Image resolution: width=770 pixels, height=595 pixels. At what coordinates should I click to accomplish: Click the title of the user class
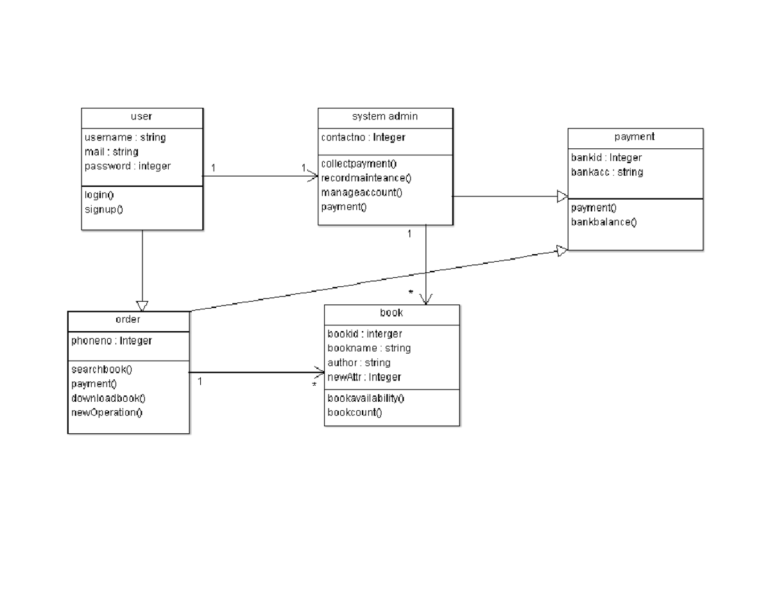[142, 117]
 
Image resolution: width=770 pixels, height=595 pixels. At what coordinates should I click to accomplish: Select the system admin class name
[385, 117]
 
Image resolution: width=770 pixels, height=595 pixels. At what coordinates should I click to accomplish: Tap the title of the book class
[391, 313]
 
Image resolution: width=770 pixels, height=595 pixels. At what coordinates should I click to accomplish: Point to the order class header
[128, 320]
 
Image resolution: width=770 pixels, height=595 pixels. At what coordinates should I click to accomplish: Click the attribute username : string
[125, 137]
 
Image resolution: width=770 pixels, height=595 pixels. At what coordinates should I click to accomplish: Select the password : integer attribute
[128, 166]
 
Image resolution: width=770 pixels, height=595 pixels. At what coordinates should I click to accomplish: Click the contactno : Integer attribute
[363, 137]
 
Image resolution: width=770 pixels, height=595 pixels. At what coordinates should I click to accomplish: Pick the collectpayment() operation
[359, 164]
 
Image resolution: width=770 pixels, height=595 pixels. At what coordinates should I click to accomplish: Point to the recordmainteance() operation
[366, 178]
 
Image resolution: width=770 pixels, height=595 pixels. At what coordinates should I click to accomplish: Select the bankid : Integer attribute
[606, 158]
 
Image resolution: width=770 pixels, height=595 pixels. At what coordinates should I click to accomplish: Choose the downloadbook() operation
[108, 398]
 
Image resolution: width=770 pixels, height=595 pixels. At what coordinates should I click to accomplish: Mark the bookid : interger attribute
[364, 334]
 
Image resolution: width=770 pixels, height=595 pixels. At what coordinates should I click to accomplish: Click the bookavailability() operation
[366, 398]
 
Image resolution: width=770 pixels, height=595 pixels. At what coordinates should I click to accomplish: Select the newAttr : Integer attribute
[364, 377]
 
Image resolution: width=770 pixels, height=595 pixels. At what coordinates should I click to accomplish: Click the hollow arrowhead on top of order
[142, 306]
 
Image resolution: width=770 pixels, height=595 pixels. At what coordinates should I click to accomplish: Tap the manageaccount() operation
[361, 193]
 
